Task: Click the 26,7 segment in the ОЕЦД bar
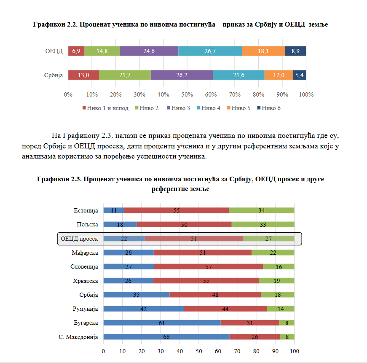click(x=210, y=51)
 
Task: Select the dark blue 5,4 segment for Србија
click(x=299, y=75)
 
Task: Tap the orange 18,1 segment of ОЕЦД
click(x=263, y=51)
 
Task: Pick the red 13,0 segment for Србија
click(x=83, y=75)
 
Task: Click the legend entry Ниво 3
click(x=179, y=108)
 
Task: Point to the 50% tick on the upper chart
click(x=187, y=94)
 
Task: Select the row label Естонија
click(x=86, y=210)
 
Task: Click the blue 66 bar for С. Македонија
click(x=166, y=337)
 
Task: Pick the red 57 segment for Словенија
click(x=208, y=266)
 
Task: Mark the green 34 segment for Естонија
click(x=261, y=210)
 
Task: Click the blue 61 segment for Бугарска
click(x=162, y=323)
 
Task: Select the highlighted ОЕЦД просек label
click(x=79, y=239)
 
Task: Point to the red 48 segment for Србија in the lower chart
click(x=215, y=295)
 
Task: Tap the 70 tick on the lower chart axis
click(x=237, y=351)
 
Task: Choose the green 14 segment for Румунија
click(x=280, y=309)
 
